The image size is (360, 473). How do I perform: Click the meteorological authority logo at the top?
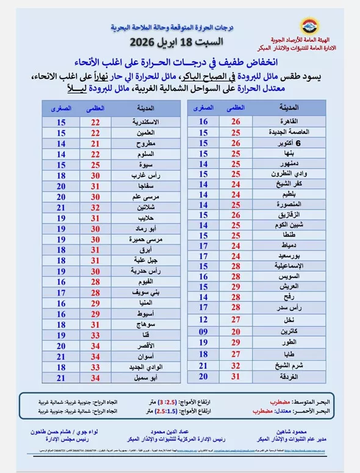click(310, 26)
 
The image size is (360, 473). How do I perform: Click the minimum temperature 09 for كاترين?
click(203, 331)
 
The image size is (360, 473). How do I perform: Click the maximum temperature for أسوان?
click(95, 355)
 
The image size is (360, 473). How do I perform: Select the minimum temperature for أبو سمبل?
click(61, 378)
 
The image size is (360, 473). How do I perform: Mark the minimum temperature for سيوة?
click(61, 165)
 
